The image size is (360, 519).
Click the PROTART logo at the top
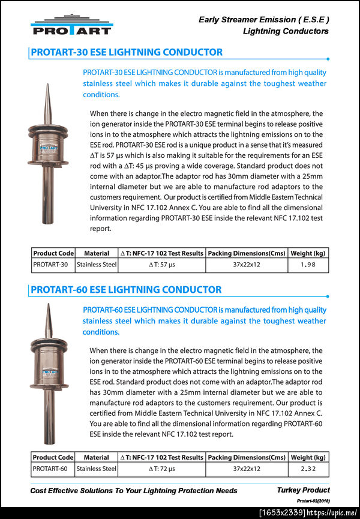coord(71,25)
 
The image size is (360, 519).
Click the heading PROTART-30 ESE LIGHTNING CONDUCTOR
coord(126,52)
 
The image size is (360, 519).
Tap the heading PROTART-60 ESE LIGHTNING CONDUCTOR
coord(126,289)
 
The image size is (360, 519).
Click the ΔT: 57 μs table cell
coord(161,265)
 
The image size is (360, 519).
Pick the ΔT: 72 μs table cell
coord(161,469)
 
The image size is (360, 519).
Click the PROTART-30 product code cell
coord(53,265)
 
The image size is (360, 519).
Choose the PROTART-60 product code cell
coord(53,469)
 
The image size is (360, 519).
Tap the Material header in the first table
coord(97,254)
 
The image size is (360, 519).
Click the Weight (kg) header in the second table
coord(308,457)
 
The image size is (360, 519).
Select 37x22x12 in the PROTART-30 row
coord(247,265)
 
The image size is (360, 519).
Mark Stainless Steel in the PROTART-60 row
coord(97,469)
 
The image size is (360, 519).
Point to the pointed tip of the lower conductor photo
coord(47,305)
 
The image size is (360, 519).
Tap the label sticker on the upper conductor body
coord(47,146)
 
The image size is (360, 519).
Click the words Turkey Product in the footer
coord(303,490)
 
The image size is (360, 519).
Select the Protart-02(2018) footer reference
coord(313,500)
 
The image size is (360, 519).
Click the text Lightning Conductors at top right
coord(286,31)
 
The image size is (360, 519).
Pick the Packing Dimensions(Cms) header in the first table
coord(247,254)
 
